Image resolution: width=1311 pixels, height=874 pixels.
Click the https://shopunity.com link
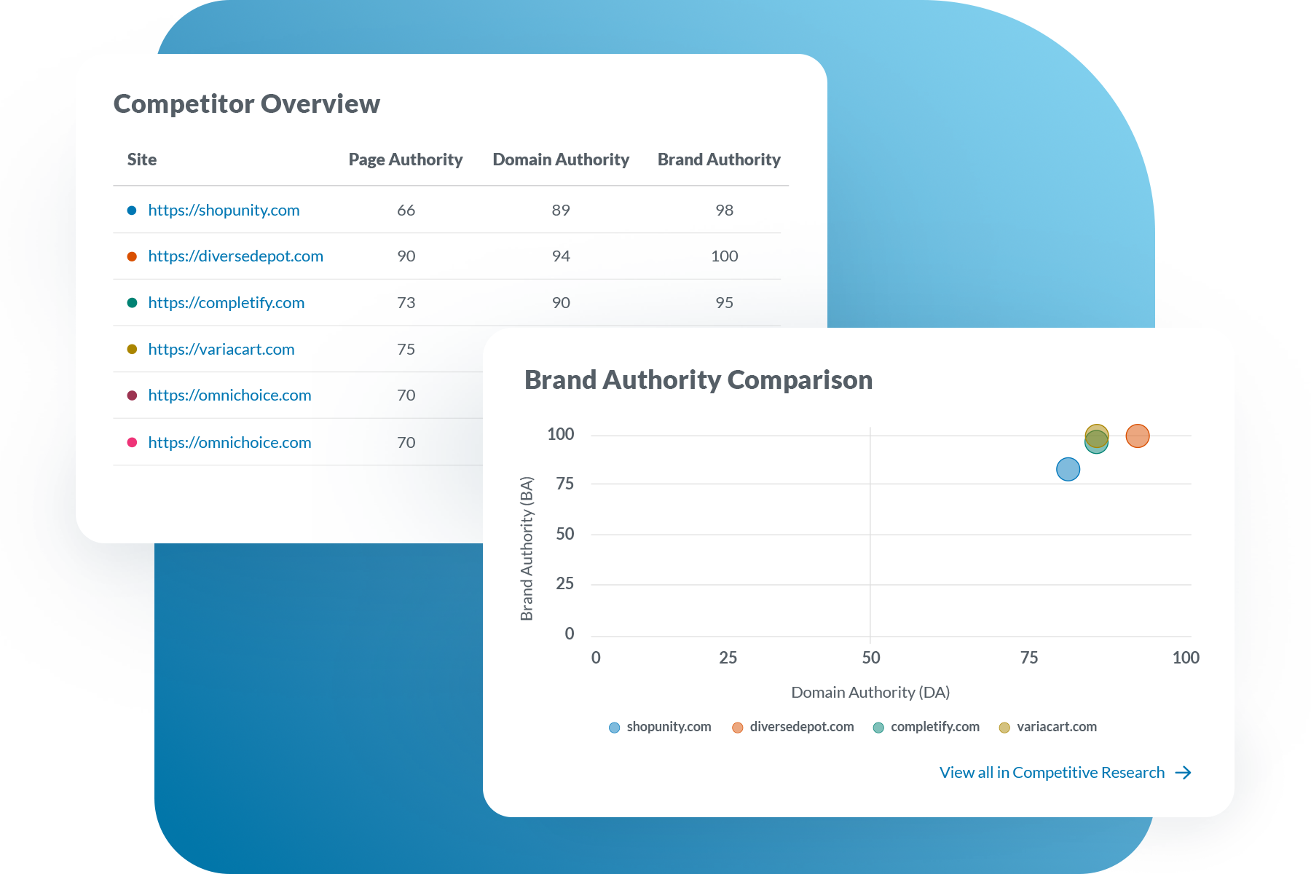224,210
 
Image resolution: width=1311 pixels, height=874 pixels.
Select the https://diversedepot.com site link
235,256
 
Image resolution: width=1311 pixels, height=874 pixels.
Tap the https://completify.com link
226,303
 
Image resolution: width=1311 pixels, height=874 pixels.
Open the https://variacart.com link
221,350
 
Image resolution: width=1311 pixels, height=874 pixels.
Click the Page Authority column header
405,160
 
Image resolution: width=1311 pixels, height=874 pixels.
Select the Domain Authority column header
560,160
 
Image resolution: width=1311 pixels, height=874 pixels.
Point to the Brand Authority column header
718,160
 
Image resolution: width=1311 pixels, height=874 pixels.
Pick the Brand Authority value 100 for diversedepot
724,256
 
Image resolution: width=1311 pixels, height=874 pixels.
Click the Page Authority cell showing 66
406,210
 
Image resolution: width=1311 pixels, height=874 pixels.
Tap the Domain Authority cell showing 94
560,256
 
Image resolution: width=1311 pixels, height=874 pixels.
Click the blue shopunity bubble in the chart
1068,469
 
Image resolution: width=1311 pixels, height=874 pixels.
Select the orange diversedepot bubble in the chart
1137,436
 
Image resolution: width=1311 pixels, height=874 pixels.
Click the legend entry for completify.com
926,727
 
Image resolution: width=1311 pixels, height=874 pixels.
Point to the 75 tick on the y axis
564,484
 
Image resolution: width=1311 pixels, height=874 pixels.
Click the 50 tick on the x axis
870,658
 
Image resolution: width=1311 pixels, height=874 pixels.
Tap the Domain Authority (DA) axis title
870,692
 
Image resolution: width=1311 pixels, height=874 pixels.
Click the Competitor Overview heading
246,103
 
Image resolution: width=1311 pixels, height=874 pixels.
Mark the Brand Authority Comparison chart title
698,379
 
